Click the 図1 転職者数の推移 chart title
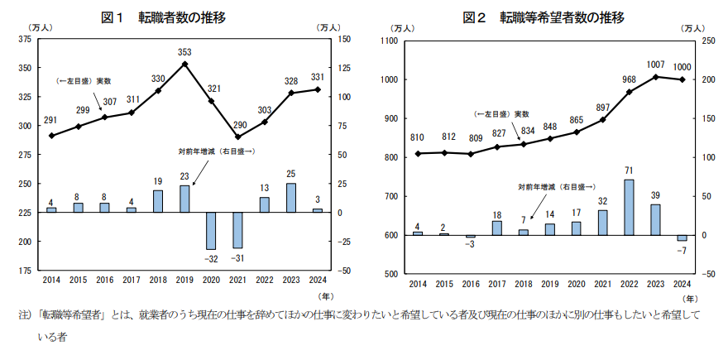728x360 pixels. pyautogui.click(x=163, y=17)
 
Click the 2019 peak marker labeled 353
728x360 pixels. pyautogui.click(x=184, y=64)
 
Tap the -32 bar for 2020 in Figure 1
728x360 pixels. pyautogui.click(x=211, y=231)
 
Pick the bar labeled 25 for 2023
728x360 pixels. pyautogui.click(x=291, y=198)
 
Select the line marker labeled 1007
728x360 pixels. pyautogui.click(x=655, y=77)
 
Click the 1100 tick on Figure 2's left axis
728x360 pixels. pyautogui.click(x=389, y=41)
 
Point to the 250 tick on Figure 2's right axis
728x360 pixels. pyautogui.click(x=709, y=41)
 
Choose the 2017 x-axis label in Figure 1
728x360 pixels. pyautogui.click(x=132, y=281)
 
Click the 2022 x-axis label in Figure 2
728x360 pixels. pyautogui.click(x=630, y=284)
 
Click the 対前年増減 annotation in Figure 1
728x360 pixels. pyautogui.click(x=216, y=151)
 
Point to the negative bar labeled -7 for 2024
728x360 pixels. pyautogui.click(x=682, y=238)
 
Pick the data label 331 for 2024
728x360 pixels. pyautogui.click(x=318, y=77)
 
